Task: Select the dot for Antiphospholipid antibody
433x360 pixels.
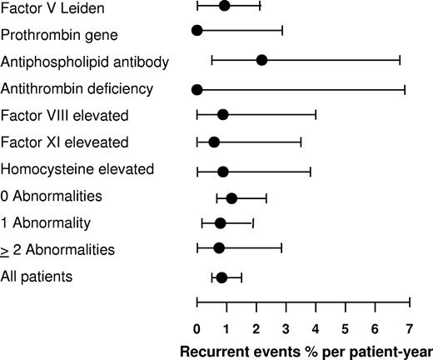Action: click(261, 60)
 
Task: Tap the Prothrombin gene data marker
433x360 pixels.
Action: click(197, 31)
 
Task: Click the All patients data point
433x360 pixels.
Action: click(221, 277)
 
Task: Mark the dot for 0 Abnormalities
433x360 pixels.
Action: click(231, 198)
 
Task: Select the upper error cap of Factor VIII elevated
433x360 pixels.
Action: click(316, 114)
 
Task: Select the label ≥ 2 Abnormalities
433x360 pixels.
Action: click(57, 249)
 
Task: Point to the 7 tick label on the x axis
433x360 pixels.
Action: click(409, 327)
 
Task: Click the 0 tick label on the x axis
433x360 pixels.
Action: click(197, 327)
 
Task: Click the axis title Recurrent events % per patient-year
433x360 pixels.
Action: click(306, 350)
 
